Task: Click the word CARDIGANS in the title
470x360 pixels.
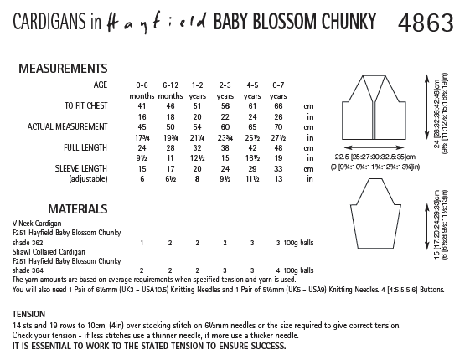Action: tap(45, 18)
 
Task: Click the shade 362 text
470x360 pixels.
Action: tap(32, 242)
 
